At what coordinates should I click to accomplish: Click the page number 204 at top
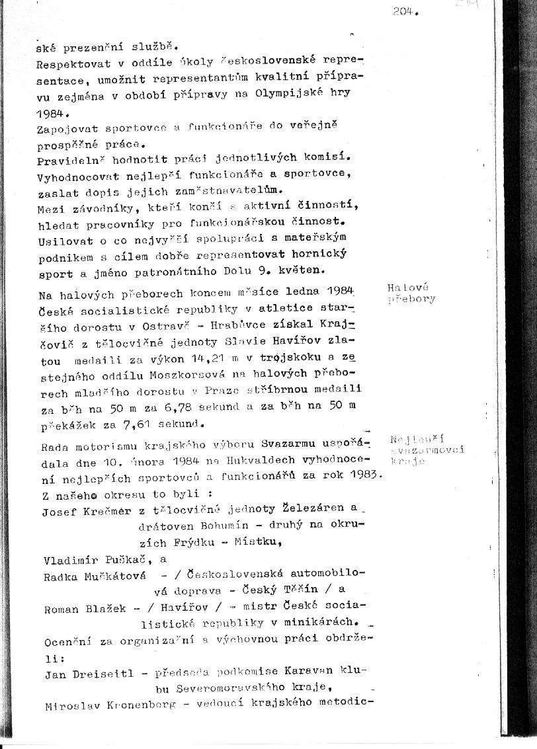pyautogui.click(x=404, y=11)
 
